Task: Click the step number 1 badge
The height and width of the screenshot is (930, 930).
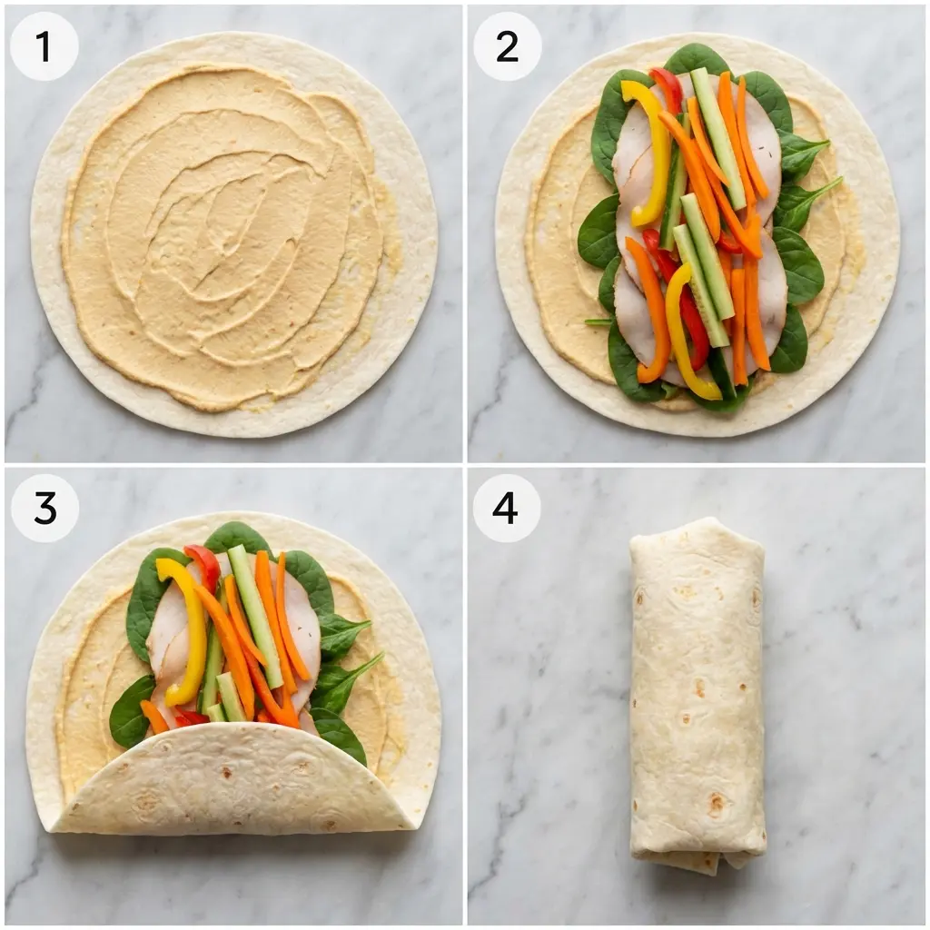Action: tap(44, 46)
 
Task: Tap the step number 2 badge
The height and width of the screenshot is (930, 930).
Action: tap(507, 46)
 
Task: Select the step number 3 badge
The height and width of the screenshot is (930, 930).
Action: tap(45, 508)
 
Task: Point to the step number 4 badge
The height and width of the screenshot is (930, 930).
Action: tap(506, 508)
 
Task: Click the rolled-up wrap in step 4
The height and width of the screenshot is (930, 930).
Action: tap(697, 690)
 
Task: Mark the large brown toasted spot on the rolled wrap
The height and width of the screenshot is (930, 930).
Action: tap(717, 804)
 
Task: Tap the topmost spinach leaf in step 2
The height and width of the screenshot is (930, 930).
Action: tap(697, 58)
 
